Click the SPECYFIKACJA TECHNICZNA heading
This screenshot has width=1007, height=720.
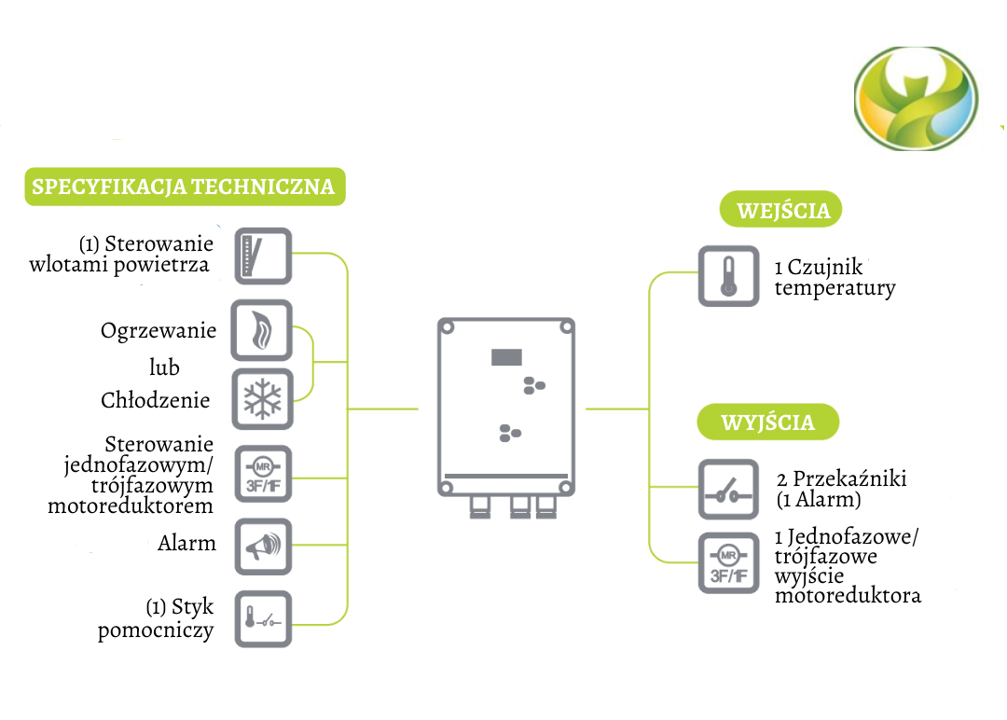click(184, 187)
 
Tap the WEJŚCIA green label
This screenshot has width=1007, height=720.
click(781, 210)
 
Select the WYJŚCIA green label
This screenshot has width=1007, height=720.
click(767, 422)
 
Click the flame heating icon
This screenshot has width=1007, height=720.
click(261, 330)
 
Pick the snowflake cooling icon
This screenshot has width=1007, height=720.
click(261, 398)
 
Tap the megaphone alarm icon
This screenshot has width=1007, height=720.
click(261, 547)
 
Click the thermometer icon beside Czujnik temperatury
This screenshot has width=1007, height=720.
click(728, 276)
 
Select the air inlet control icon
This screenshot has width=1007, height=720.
click(261, 255)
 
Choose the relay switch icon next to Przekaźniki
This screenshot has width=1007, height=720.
click(728, 490)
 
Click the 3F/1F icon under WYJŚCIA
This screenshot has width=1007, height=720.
click(728, 564)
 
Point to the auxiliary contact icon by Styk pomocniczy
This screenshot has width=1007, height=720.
click(261, 618)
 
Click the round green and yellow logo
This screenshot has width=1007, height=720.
click(917, 96)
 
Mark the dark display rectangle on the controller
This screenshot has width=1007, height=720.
click(508, 357)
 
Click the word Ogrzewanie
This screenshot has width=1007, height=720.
click(159, 331)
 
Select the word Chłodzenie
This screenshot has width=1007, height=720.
click(156, 401)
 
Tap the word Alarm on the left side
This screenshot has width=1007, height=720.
click(186, 543)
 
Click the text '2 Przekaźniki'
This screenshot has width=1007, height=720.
click(841, 479)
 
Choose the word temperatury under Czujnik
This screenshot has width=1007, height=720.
click(835, 288)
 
